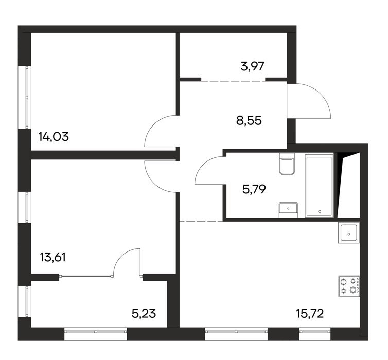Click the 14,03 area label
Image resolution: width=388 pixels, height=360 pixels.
(x=54, y=137)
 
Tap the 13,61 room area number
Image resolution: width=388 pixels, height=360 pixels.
(x=52, y=257)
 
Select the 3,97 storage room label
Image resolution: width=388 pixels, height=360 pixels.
(x=252, y=66)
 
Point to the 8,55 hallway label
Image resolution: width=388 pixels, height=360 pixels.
(x=249, y=121)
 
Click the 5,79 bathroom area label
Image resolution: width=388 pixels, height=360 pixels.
(x=254, y=190)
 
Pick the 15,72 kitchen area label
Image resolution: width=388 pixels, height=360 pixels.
(x=310, y=314)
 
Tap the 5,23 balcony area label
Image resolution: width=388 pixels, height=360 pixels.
(x=144, y=314)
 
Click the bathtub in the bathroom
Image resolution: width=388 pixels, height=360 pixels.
(x=319, y=186)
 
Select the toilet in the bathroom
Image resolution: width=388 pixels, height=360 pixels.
(x=287, y=164)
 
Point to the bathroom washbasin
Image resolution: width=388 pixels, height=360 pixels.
(x=288, y=210)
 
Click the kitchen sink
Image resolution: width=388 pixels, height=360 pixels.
(x=349, y=232)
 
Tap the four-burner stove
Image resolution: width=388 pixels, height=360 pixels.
(x=349, y=286)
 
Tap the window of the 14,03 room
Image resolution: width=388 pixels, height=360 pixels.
(x=27, y=97)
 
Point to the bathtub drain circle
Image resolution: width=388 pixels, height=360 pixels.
(x=320, y=211)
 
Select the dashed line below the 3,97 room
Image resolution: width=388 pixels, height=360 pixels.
(x=233, y=81)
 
